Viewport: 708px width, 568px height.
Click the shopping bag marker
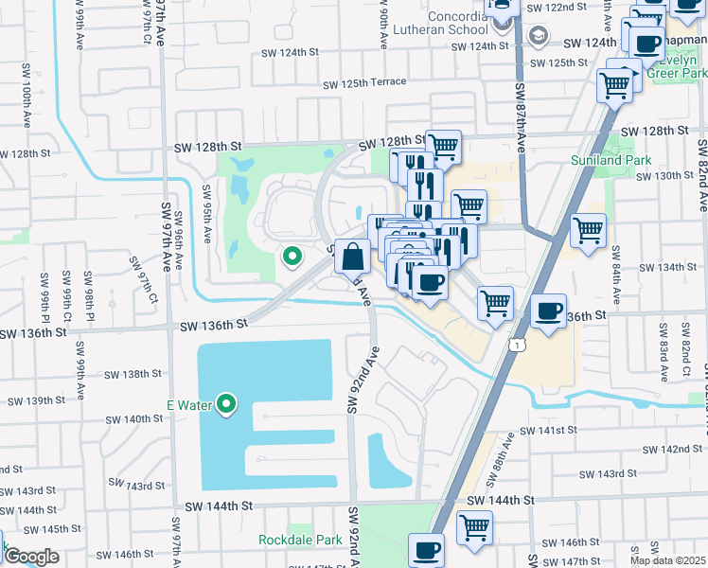(352, 257)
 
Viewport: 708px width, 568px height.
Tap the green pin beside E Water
(226, 405)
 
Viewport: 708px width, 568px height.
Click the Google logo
(30, 557)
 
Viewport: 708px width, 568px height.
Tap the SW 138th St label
(133, 374)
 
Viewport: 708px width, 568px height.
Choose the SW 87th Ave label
(520, 118)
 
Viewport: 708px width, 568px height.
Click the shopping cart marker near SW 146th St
(474, 527)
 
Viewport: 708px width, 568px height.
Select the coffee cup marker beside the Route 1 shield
(547, 311)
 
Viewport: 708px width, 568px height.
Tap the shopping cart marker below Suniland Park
(589, 230)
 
